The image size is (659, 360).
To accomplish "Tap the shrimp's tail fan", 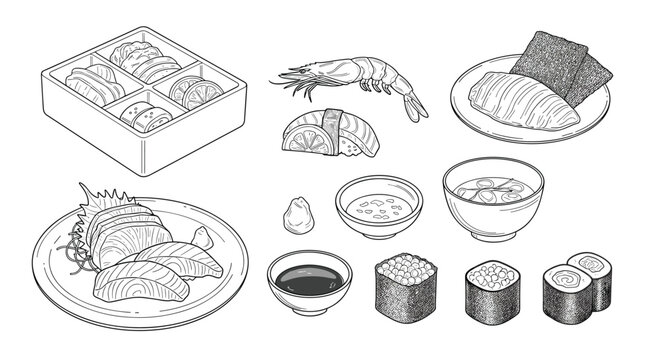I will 414,107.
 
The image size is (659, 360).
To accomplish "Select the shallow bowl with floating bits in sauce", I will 378,206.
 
